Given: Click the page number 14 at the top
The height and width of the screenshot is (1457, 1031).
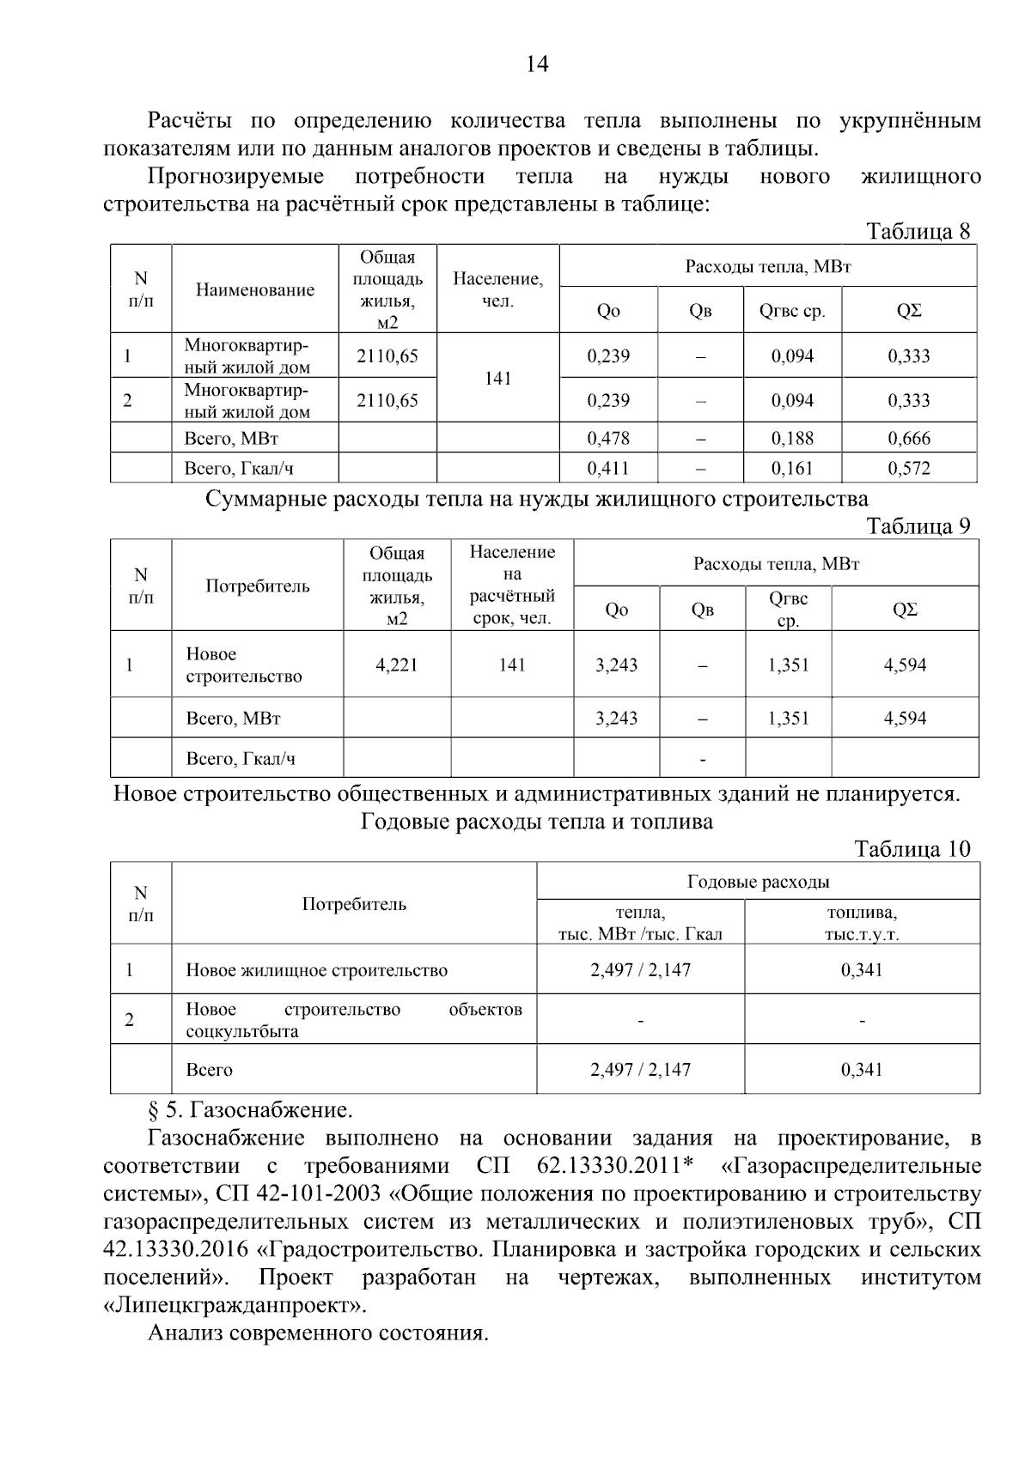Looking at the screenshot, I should click(x=536, y=64).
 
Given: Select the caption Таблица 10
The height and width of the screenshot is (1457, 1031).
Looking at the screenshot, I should click(x=912, y=849).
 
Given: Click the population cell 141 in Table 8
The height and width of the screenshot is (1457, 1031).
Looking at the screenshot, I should click(x=498, y=378).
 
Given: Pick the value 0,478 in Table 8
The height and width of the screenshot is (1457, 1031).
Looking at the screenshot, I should click(x=608, y=438).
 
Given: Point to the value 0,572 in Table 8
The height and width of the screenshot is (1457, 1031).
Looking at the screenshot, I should click(x=908, y=468).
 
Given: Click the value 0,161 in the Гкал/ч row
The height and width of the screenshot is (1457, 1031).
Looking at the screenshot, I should click(x=792, y=468).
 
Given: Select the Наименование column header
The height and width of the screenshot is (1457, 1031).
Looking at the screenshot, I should click(x=255, y=289).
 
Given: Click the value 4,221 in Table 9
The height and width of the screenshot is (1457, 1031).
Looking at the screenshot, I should click(x=397, y=665).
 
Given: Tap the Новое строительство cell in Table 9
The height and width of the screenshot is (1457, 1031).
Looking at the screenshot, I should click(x=244, y=665).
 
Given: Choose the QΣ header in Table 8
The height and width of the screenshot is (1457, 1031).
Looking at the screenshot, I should click(x=908, y=311).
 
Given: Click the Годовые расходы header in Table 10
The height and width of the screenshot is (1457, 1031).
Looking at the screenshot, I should click(x=758, y=882).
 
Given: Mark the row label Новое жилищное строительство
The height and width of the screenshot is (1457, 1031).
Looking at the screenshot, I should click(x=316, y=970).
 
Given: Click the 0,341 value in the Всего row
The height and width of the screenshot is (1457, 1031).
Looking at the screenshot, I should click(x=862, y=1070).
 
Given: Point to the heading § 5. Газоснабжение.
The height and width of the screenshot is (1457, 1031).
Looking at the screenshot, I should click(x=250, y=1110).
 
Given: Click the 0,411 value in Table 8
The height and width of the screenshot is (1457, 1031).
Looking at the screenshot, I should click(x=608, y=468).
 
